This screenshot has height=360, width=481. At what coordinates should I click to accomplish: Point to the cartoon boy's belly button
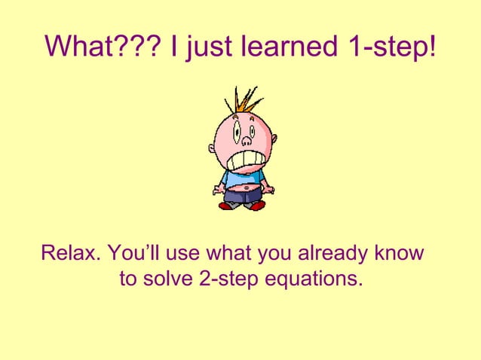pos(242,187)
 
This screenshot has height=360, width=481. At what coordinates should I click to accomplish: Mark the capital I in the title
pos(175,47)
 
